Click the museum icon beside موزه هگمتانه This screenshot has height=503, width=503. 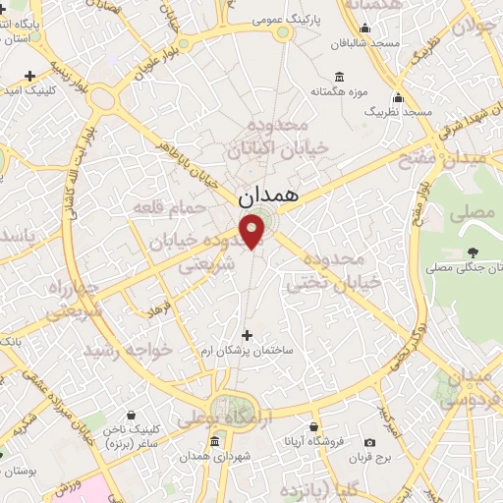(x=340, y=77)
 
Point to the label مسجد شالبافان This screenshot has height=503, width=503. (x=368, y=43)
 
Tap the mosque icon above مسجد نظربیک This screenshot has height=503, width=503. (x=397, y=97)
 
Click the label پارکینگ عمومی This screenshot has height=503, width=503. (x=283, y=19)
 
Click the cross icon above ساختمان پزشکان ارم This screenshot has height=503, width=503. (x=247, y=336)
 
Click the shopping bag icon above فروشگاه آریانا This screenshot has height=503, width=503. (x=312, y=427)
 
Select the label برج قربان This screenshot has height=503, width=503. (x=372, y=457)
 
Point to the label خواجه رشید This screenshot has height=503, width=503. (x=128, y=351)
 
